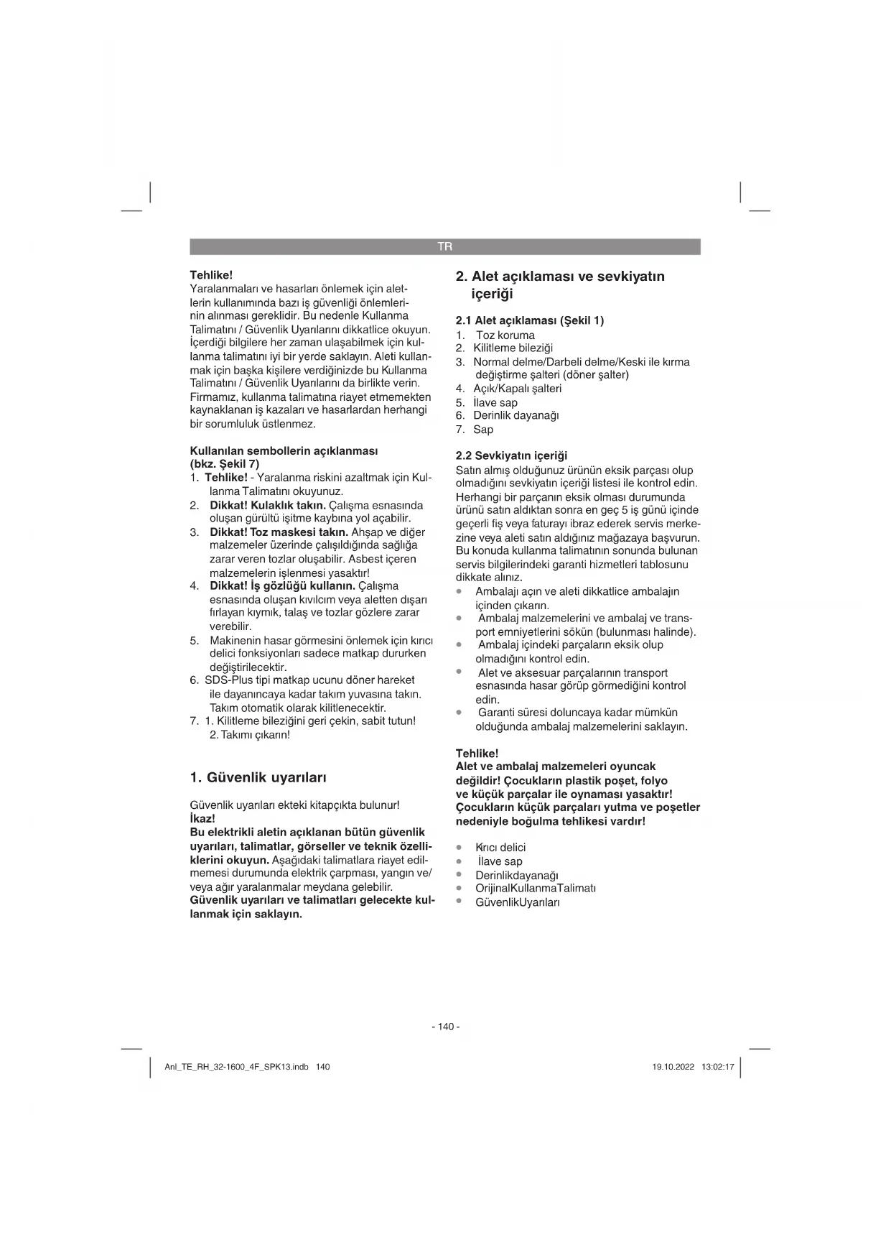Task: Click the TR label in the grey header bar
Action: click(x=445, y=246)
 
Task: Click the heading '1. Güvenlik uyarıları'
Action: click(x=258, y=777)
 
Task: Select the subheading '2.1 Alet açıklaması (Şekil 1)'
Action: click(x=530, y=320)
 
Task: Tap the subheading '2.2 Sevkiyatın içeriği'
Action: click(x=511, y=455)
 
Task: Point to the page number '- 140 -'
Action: click(x=445, y=1027)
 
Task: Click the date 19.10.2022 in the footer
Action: click(x=673, y=1067)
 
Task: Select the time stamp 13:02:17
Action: click(x=717, y=1067)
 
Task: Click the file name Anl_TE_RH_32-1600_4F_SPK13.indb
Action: click(x=236, y=1067)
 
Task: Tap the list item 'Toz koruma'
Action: click(x=505, y=335)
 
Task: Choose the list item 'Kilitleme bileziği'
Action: click(x=513, y=348)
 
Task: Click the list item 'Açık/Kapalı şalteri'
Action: click(x=517, y=389)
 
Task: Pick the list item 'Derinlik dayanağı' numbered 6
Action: click(x=516, y=415)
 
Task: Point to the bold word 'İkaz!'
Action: click(x=202, y=818)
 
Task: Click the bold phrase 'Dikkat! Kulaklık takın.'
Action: click(x=267, y=505)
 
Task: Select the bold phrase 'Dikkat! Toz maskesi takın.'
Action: click(x=279, y=532)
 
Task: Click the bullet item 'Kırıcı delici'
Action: click(x=500, y=848)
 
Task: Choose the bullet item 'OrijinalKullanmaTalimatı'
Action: click(x=535, y=888)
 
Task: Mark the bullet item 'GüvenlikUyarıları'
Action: click(x=517, y=902)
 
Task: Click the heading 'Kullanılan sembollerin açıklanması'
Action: click(x=284, y=450)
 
